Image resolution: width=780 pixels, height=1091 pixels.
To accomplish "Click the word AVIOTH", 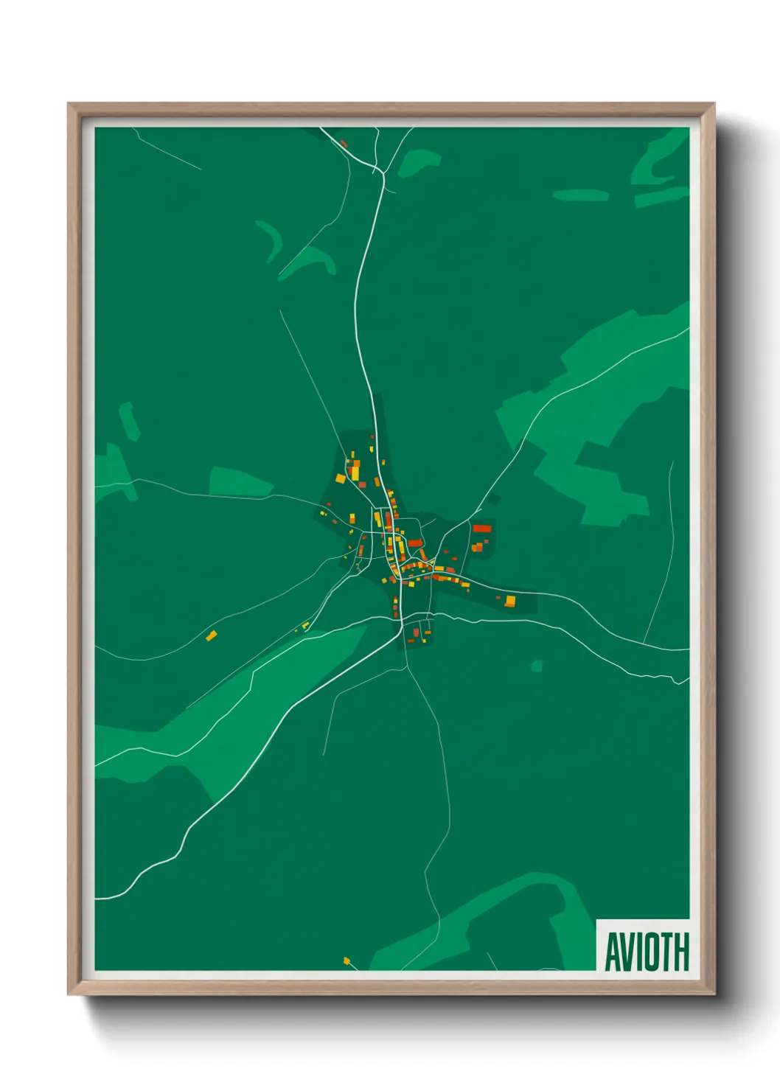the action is tap(647, 951).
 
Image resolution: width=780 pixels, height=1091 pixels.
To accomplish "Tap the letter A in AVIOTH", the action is tap(613, 951).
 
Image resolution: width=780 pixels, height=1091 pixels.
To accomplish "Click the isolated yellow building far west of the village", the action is tap(212, 635).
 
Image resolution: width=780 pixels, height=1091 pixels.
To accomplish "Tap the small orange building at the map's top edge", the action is tap(344, 142).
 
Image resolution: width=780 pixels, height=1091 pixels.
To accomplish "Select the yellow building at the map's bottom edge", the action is tap(347, 961).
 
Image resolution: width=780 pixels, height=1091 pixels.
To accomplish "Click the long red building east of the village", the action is tap(481, 529).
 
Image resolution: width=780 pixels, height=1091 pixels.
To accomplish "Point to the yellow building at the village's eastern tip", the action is tap(509, 602).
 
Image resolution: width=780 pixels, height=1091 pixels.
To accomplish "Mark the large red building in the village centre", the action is tap(415, 543).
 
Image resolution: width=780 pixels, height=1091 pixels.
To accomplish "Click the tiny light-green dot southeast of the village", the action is tap(537, 666).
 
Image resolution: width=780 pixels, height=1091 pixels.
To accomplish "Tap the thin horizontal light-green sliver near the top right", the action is tap(580, 195).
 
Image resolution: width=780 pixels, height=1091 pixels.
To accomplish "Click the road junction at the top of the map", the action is tap(383, 175).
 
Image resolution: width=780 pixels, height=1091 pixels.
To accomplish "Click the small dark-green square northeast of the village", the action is tap(493, 500).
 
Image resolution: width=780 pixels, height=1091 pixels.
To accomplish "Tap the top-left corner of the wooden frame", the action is tap(70, 105).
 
